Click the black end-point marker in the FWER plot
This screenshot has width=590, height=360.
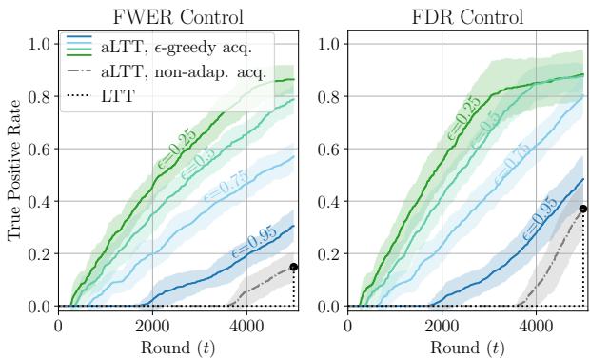coord(293,267)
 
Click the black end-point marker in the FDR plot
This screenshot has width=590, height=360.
coord(582,209)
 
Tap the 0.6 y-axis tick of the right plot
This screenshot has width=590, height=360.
coord(330,149)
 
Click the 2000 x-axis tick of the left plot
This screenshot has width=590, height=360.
coord(152,324)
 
